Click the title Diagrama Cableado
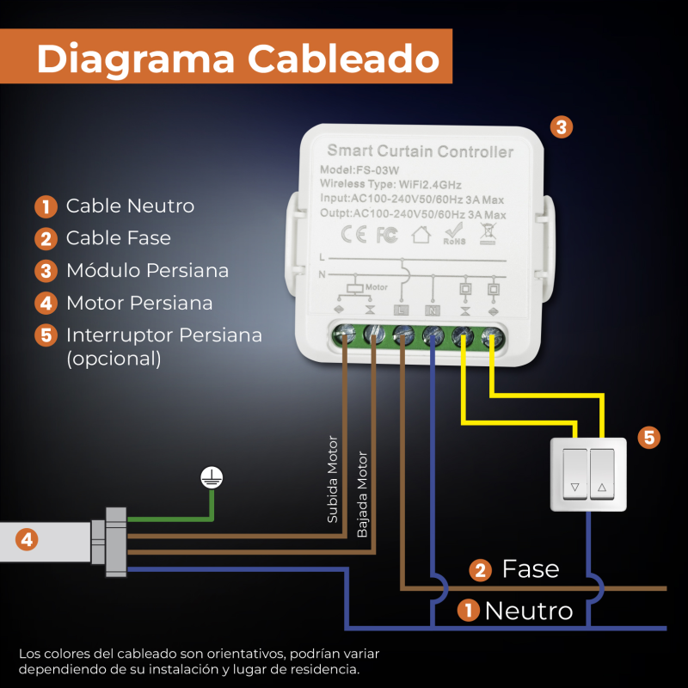[237, 59]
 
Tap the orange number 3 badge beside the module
[560, 127]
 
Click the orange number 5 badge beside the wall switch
[649, 437]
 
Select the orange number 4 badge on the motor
[28, 540]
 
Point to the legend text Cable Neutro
[130, 206]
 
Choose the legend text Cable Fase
[118, 238]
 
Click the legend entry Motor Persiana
[139, 303]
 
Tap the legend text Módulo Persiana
[147, 271]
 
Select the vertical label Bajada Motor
[362, 494]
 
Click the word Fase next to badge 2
[531, 568]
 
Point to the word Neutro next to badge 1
[528, 611]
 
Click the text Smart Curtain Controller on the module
[420, 152]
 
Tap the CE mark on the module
[354, 233]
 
